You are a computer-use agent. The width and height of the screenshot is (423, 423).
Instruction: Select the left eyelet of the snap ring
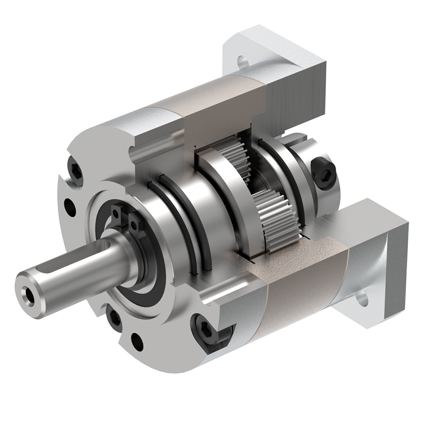(116, 210)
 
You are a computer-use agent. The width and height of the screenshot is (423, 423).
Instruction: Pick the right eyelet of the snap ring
(135, 219)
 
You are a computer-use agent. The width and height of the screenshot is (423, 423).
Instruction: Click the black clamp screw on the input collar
(325, 173)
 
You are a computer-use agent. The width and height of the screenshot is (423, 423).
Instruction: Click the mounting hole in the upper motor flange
(242, 61)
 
